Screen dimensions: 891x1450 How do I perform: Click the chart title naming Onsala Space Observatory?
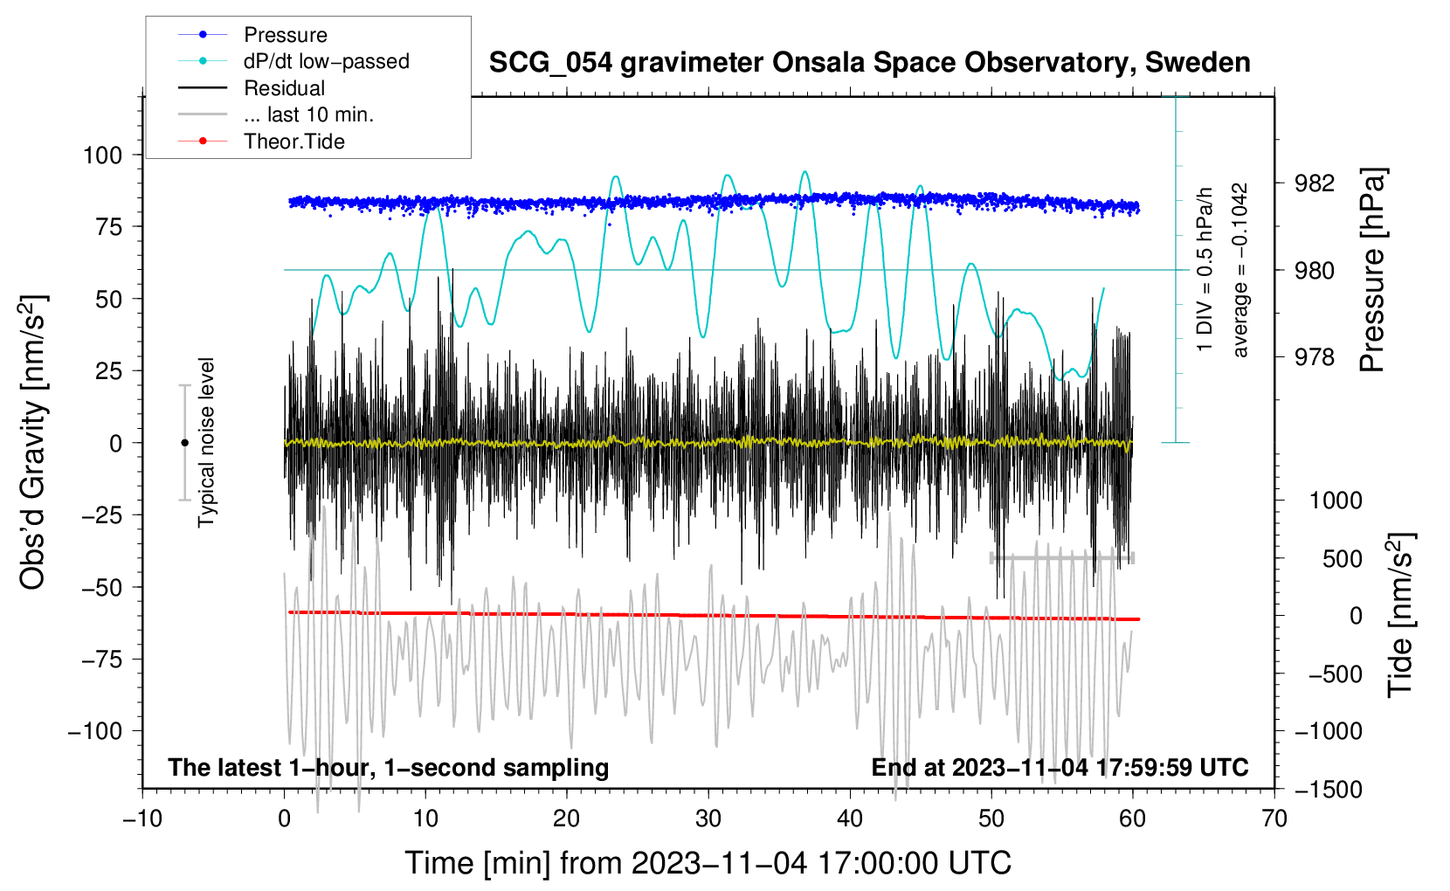869,63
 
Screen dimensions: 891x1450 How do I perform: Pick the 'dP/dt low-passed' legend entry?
326,61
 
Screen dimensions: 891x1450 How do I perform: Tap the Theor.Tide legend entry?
293,142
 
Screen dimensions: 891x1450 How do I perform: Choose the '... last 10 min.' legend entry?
308,114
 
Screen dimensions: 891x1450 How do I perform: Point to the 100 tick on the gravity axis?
102,155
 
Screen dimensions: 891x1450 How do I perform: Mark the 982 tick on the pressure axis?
1314,183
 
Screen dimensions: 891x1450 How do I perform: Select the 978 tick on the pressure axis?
1314,357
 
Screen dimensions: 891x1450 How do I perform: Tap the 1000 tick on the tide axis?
1335,501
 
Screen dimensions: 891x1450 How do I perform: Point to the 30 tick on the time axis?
708,819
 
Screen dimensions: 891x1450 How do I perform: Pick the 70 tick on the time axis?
1274,819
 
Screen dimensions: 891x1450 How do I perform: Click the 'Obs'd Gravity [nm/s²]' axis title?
32,443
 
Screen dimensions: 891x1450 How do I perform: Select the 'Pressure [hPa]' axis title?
1373,271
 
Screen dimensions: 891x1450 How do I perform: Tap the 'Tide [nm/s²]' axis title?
1400,615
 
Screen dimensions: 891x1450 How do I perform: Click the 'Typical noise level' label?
206,443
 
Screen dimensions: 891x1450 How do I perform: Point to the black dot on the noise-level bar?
184,443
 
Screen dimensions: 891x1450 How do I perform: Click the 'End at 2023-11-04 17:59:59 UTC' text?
1060,768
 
